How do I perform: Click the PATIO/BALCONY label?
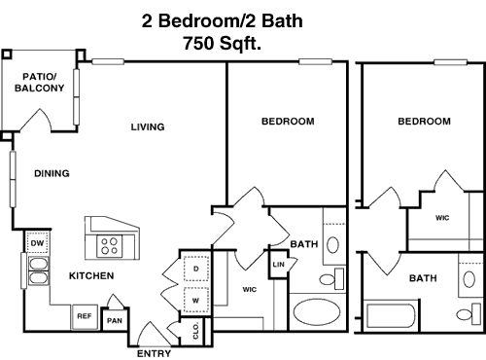tap(39, 83)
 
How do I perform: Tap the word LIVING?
tap(148, 126)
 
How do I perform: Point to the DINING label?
tap(52, 173)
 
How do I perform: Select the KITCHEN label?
tap(91, 276)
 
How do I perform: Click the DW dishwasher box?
tap(37, 243)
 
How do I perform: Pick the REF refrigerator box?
tap(85, 316)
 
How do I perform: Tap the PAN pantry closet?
tap(115, 319)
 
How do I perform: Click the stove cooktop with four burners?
tap(110, 246)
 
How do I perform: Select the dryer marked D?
tap(196, 269)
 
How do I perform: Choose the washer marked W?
tap(196, 300)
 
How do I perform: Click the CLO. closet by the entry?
tap(195, 331)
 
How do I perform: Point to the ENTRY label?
tap(154, 353)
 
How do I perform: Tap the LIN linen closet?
tap(278, 265)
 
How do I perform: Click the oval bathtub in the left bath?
tap(317, 312)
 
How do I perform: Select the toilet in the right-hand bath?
tap(469, 313)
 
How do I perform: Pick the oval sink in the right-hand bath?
tap(469, 279)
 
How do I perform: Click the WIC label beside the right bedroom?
tap(442, 218)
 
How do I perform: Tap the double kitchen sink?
tap(39, 270)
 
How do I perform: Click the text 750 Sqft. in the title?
tap(223, 44)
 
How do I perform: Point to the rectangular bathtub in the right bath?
tap(391, 315)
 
